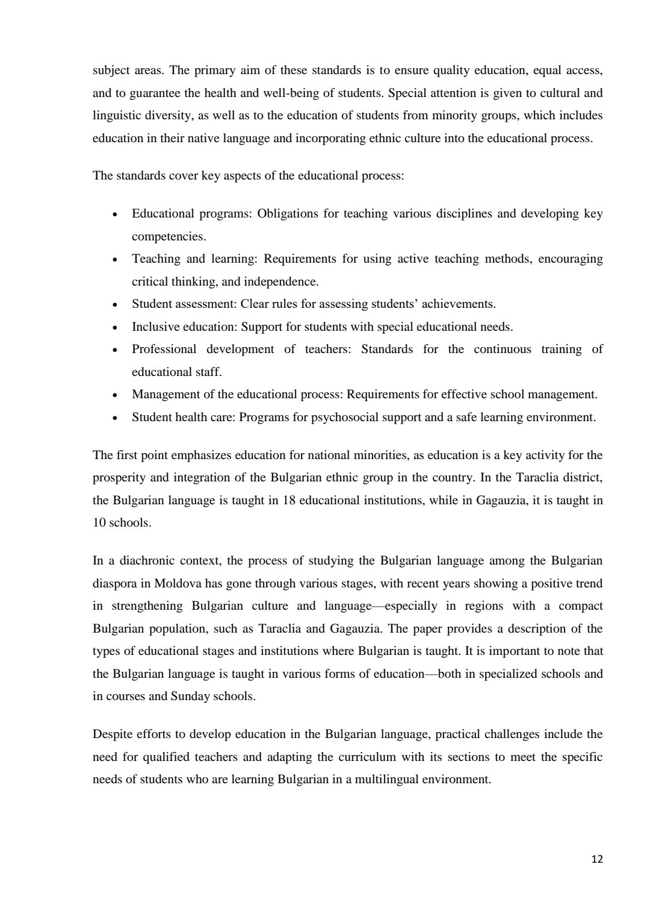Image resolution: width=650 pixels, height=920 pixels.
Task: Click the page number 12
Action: [x=597, y=860]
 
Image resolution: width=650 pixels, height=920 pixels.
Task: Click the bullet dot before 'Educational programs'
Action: [x=114, y=214]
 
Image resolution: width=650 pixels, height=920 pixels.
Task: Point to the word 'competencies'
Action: [x=168, y=236]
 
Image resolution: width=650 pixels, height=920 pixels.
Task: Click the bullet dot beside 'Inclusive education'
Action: [x=114, y=328]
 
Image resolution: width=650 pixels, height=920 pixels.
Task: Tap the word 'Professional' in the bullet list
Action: [x=164, y=349]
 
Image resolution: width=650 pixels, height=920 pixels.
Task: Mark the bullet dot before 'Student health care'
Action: [x=114, y=418]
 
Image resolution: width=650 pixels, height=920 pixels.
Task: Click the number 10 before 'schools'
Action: [x=99, y=522]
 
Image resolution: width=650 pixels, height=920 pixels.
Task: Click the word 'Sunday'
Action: [x=190, y=696]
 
